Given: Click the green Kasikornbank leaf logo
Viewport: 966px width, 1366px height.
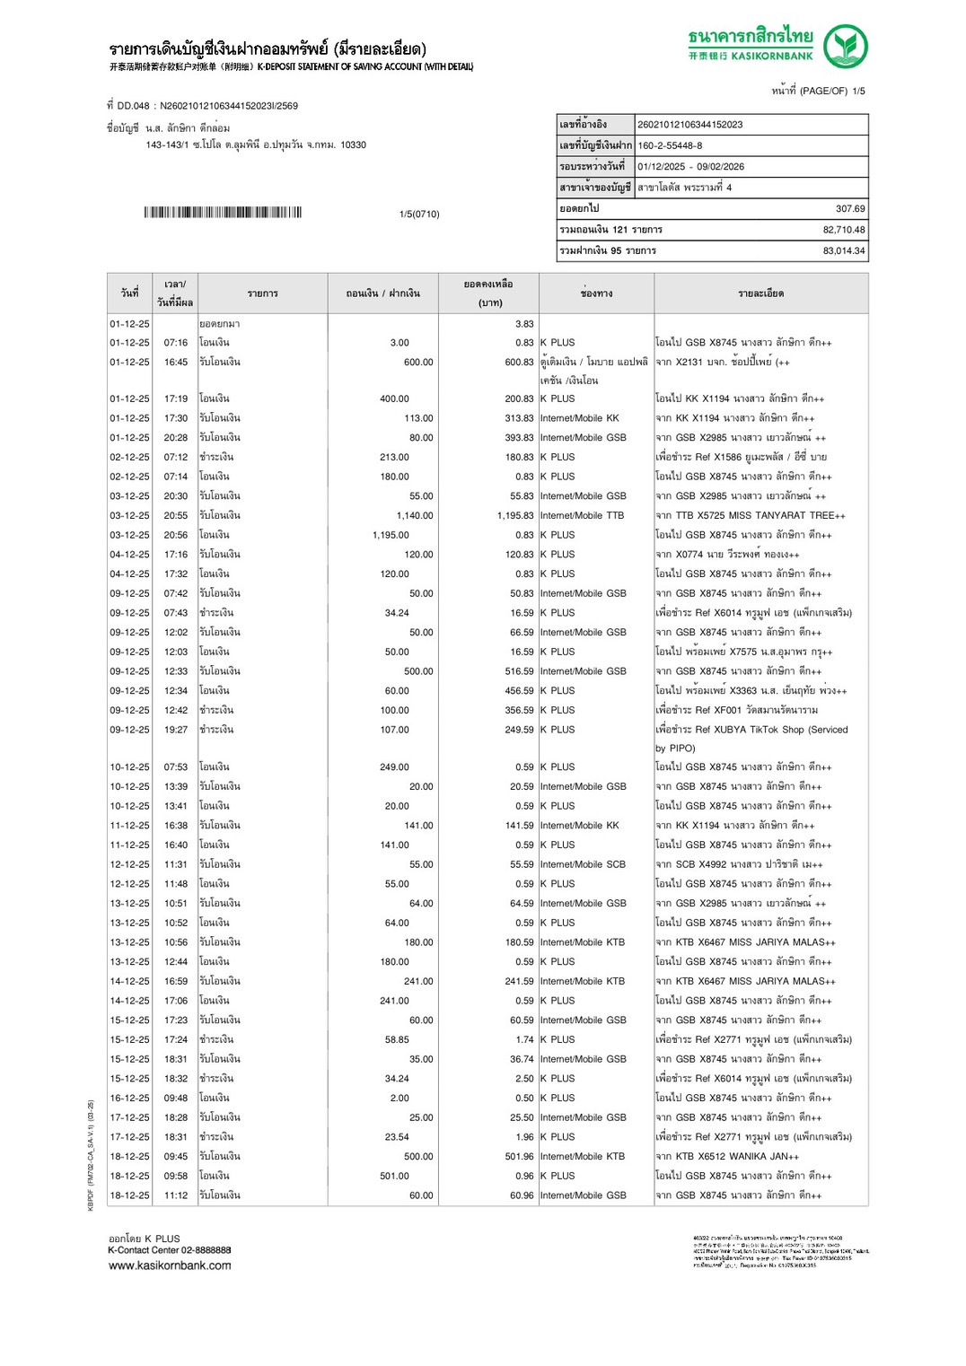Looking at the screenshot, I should pyautogui.click(x=845, y=47).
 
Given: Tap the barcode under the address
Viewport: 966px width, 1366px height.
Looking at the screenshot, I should pyautogui.click(x=223, y=213).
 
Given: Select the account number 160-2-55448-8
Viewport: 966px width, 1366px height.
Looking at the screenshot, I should pyautogui.click(x=670, y=145).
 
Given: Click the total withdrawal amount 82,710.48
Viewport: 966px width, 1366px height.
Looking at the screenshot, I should pyautogui.click(x=843, y=230).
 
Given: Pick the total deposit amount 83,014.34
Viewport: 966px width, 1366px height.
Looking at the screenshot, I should pyautogui.click(x=843, y=251).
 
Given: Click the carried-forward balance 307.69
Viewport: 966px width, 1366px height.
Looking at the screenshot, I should pyautogui.click(x=849, y=209).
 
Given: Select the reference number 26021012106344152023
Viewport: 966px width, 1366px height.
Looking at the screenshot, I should pyautogui.click(x=689, y=125).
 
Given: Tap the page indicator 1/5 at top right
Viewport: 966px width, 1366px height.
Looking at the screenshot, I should pyautogui.click(x=858, y=92).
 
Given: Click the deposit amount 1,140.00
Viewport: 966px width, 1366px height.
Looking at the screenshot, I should pyautogui.click(x=414, y=516).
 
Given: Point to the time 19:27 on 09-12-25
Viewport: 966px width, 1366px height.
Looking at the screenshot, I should pyautogui.click(x=176, y=731).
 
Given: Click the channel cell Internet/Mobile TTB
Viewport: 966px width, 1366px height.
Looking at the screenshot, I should pyautogui.click(x=582, y=516).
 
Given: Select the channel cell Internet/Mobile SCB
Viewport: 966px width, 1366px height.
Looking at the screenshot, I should pyautogui.click(x=583, y=865).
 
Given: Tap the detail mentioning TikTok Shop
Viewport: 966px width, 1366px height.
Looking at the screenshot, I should pyautogui.click(x=751, y=731).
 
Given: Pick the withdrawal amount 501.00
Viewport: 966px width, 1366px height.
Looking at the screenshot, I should pyautogui.click(x=394, y=1177).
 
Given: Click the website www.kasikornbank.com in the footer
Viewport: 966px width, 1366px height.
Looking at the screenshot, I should pyautogui.click(x=170, y=1266).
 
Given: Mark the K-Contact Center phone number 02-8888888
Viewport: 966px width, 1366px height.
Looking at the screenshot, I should pyautogui.click(x=206, y=1250).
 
